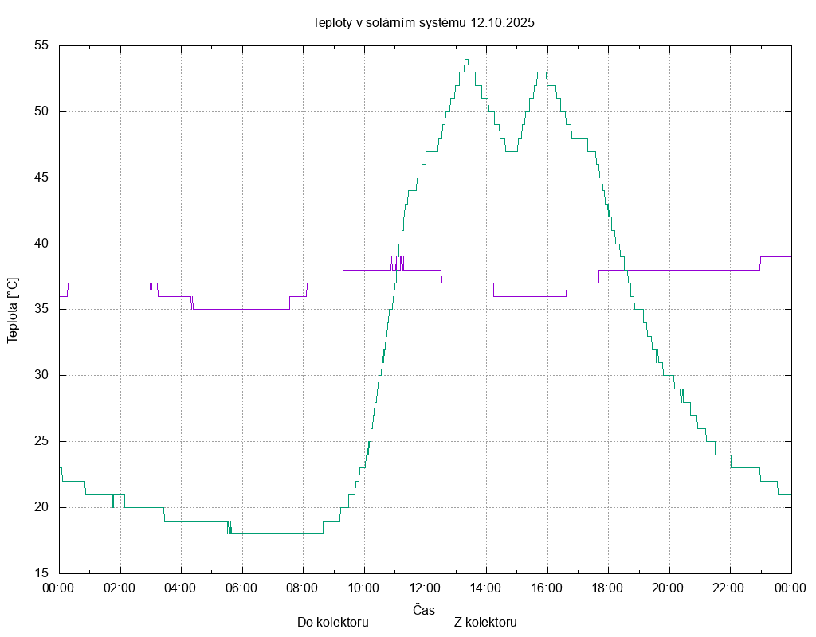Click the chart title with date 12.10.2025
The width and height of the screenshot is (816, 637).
(423, 22)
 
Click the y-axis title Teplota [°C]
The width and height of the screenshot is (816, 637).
(12, 311)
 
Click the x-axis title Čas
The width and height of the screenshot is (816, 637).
(424, 609)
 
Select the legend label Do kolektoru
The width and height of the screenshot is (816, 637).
(332, 622)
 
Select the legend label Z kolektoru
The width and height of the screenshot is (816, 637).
(486, 622)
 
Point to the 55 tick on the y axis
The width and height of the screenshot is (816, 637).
(41, 45)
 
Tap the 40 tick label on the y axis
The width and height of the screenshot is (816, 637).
(41, 244)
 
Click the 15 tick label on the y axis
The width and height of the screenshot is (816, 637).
(41, 573)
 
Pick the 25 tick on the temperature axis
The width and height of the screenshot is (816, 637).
(41, 441)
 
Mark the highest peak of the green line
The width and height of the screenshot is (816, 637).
(466, 59)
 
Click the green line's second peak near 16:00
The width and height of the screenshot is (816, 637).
(542, 72)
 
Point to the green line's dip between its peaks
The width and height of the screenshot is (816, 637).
(511, 151)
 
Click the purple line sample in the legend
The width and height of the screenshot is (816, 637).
(397, 623)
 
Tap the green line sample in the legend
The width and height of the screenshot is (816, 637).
(547, 623)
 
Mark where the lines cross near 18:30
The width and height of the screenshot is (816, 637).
(626, 270)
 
